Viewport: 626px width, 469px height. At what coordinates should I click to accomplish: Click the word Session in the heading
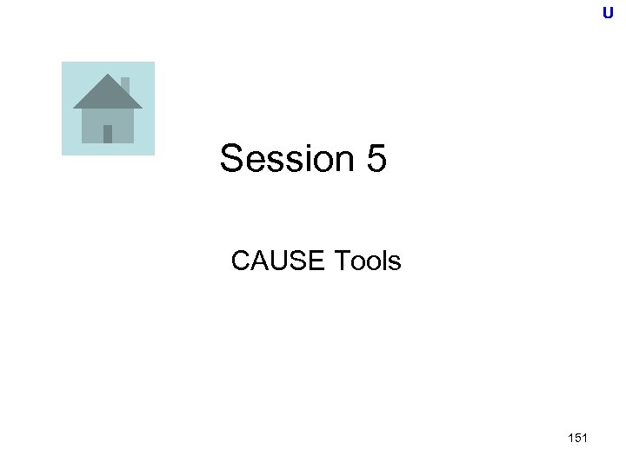(x=283, y=159)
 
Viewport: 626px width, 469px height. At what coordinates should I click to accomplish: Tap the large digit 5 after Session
(x=375, y=159)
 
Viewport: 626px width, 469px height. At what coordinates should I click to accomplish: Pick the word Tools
(x=367, y=260)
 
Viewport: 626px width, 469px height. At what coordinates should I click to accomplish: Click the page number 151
(x=576, y=438)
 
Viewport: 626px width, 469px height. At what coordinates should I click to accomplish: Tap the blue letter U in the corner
(x=607, y=13)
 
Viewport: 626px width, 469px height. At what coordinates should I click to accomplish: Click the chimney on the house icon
(x=125, y=85)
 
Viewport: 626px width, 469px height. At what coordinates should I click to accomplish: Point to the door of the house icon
(x=108, y=133)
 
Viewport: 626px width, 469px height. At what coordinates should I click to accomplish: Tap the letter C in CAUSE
(x=241, y=260)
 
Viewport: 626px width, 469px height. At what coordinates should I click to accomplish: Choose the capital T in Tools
(x=340, y=260)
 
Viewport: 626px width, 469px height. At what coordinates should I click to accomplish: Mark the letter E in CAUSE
(x=316, y=260)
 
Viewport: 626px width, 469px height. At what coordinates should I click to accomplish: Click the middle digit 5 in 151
(x=576, y=438)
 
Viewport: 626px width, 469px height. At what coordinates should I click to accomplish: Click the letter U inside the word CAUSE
(x=277, y=260)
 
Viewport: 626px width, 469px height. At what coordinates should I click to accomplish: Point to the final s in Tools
(x=395, y=260)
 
